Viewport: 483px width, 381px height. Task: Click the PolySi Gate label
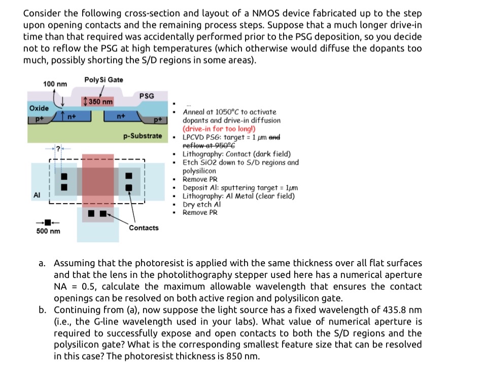pyautogui.click(x=103, y=80)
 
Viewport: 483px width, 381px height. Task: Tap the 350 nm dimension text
pyautogui.click(x=100, y=102)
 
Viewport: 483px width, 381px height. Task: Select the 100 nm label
pyautogui.click(x=55, y=83)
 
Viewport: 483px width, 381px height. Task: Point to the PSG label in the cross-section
pyautogui.click(x=147, y=96)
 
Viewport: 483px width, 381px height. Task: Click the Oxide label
pyautogui.click(x=39, y=108)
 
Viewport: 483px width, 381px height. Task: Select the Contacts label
pyautogui.click(x=144, y=228)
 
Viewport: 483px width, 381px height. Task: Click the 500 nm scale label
pyautogui.click(x=48, y=231)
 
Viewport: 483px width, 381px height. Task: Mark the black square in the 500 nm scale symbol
pyautogui.click(x=48, y=221)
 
